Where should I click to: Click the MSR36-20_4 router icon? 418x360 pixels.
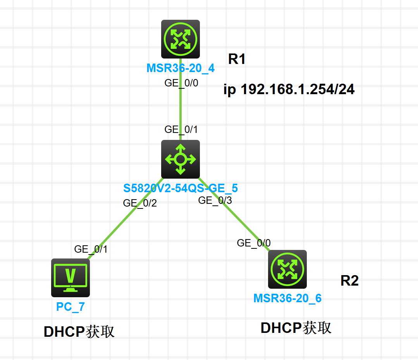click(x=181, y=39)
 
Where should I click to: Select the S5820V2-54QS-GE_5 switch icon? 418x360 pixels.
click(x=181, y=159)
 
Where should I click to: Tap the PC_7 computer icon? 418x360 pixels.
click(x=71, y=277)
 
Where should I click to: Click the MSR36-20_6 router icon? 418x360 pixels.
click(x=287, y=269)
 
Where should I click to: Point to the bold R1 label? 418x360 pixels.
click(x=237, y=59)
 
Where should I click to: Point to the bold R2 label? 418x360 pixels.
click(x=349, y=281)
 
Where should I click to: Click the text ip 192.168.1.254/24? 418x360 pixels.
click(x=289, y=90)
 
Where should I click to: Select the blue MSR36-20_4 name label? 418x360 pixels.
click(x=181, y=69)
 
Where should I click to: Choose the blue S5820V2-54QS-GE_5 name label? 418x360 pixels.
click(x=181, y=188)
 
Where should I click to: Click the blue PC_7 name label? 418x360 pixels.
click(x=71, y=307)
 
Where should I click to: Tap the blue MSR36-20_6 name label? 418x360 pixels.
click(x=287, y=298)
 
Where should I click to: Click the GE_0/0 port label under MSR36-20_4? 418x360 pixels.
click(x=181, y=83)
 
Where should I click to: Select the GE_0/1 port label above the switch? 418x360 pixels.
click(x=181, y=129)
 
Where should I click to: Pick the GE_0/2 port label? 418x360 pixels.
click(x=140, y=203)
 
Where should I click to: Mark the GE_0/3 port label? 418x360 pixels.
click(x=215, y=200)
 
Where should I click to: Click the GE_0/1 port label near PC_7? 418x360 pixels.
click(x=91, y=249)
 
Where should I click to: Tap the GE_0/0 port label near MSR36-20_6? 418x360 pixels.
click(x=254, y=243)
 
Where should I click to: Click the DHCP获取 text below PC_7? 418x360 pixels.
click(x=79, y=332)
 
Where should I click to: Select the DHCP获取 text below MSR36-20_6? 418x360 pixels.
click(x=296, y=328)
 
